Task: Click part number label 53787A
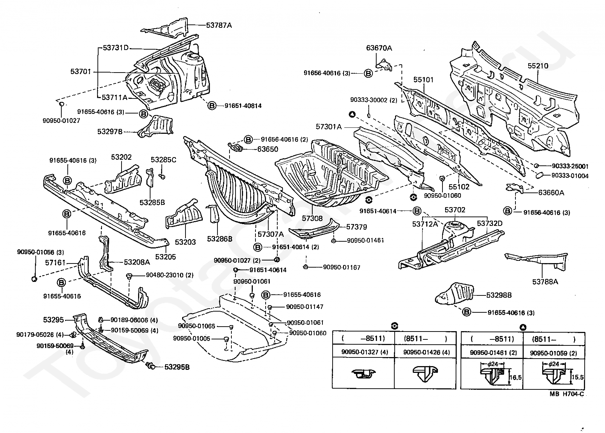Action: pyautogui.click(x=219, y=25)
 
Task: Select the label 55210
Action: pyautogui.click(x=538, y=66)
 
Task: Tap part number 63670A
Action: pyautogui.click(x=379, y=48)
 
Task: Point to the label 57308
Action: pyautogui.click(x=312, y=218)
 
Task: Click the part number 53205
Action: pyautogui.click(x=166, y=257)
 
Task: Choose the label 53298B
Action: pyautogui.click(x=499, y=295)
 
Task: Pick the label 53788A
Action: pyautogui.click(x=545, y=282)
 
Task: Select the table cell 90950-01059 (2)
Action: pyautogui.click(x=553, y=353)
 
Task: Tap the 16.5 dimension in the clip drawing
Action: pyautogui.click(x=515, y=377)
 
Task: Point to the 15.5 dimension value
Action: pyautogui.click(x=578, y=377)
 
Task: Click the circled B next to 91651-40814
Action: pyautogui.click(x=212, y=106)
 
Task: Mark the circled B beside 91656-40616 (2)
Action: pyautogui.click(x=248, y=139)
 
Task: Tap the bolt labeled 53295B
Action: pyautogui.click(x=150, y=366)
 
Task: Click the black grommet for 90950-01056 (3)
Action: pyautogui.click(x=34, y=279)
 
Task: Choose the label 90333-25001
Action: pyautogui.click(x=570, y=166)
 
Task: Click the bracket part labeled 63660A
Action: pyautogui.click(x=515, y=188)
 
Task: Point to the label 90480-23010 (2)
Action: pyautogui.click(x=170, y=275)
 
